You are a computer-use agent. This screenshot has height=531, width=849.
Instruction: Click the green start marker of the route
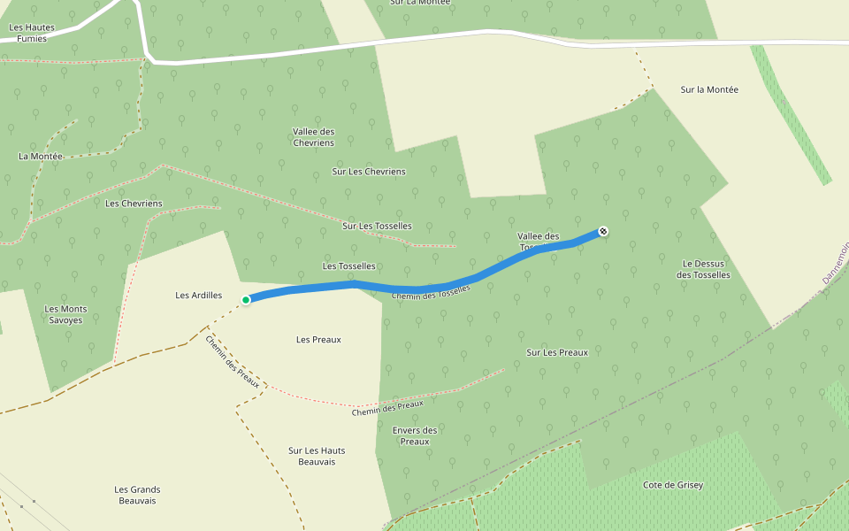point(246,300)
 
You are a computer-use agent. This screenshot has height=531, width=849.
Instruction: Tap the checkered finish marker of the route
point(603,231)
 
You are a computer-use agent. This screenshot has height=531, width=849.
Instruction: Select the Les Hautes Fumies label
point(32,33)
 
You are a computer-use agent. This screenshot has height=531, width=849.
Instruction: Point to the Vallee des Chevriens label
point(313,137)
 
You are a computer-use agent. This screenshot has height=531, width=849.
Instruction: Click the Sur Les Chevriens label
point(369,172)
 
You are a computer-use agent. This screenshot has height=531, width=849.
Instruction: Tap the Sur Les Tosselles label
point(377,227)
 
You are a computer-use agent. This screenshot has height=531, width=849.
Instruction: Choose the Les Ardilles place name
point(199,296)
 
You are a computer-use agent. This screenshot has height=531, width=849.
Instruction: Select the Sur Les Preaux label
point(557,352)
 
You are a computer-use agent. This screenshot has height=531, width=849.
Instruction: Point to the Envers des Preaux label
point(415,435)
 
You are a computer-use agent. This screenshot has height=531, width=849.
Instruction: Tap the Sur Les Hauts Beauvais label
point(317,456)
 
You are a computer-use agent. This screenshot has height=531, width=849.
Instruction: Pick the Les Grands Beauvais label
point(137,495)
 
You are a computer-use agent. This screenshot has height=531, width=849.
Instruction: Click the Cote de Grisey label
point(672,485)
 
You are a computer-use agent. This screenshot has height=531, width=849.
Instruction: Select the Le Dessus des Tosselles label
point(704,269)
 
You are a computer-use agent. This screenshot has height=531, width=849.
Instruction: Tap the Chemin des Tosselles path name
point(431,293)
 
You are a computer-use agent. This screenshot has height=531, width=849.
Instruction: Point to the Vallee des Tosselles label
point(539,241)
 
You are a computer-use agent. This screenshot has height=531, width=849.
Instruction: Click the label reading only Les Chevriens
point(134,204)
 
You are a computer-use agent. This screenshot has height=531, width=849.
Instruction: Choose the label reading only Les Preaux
point(319,340)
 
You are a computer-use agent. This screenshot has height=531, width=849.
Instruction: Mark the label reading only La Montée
point(41,157)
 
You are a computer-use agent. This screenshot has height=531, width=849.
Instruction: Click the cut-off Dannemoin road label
point(834,266)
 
